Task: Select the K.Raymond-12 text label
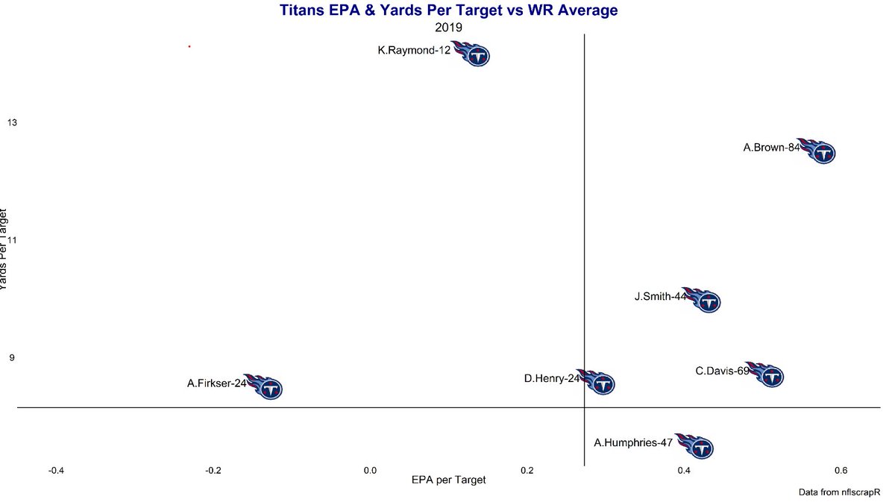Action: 414,51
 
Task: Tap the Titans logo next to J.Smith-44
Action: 703,300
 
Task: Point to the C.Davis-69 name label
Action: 722,371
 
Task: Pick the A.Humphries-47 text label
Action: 633,442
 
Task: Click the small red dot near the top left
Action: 189,46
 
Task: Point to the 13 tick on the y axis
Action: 12,122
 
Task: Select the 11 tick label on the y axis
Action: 12,240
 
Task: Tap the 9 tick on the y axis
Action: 12,358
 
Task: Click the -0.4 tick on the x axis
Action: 55,471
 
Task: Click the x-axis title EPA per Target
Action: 448,480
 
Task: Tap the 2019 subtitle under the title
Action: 448,27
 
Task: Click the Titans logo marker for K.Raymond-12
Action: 472,54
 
